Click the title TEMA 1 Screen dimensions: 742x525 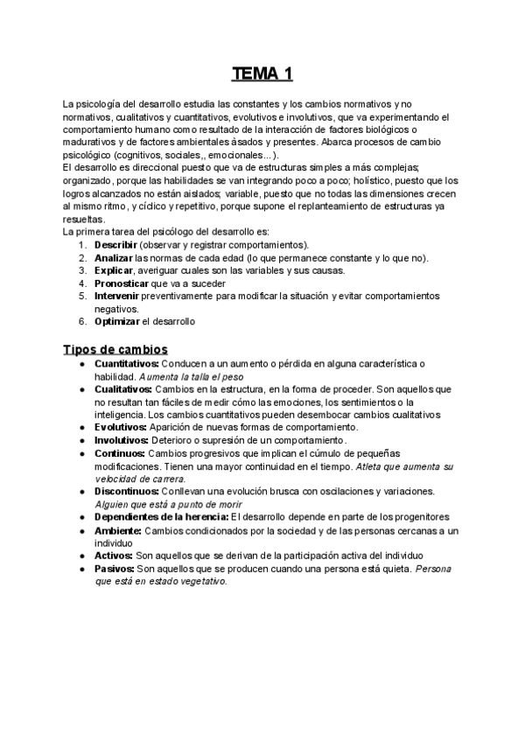(x=262, y=73)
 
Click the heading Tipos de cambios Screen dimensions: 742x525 (x=115, y=349)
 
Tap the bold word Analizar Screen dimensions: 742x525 (x=114, y=257)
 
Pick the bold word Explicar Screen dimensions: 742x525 (x=113, y=270)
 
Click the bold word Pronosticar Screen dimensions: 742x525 (x=122, y=283)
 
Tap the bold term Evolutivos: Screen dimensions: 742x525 (x=122, y=427)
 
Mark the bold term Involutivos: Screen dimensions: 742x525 (x=122, y=440)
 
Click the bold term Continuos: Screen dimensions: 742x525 (x=120, y=453)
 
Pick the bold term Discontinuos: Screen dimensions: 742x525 (x=126, y=492)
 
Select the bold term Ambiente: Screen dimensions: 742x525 (x=117, y=530)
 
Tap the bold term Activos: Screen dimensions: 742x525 (x=114, y=556)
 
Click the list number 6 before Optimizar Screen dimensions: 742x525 (x=81, y=321)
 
